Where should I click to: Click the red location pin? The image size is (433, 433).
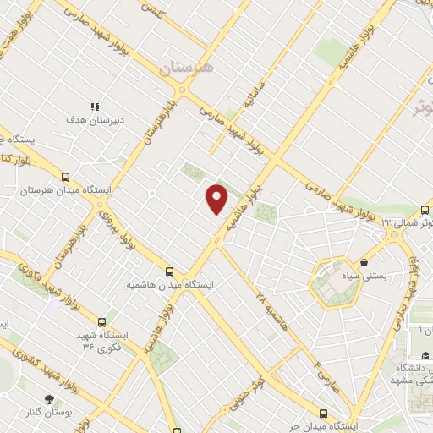pyautogui.click(x=217, y=198)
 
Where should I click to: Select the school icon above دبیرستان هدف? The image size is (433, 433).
pyautogui.click(x=95, y=107)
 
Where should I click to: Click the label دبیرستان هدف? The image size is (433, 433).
pyautogui.click(x=95, y=120)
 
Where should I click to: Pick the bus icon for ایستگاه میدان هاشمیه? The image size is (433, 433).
pyautogui.click(x=170, y=271)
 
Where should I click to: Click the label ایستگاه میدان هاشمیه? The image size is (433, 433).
pyautogui.click(x=169, y=285)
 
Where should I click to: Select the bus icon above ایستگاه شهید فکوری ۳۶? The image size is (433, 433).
pyautogui.click(x=102, y=322)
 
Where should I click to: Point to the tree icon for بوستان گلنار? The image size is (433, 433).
pyautogui.click(x=52, y=398)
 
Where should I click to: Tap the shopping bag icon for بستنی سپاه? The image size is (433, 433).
pyautogui.click(x=364, y=263)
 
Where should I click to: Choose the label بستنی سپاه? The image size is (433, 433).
pyautogui.click(x=364, y=276)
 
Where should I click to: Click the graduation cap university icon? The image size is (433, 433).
pyautogui.click(x=424, y=355)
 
